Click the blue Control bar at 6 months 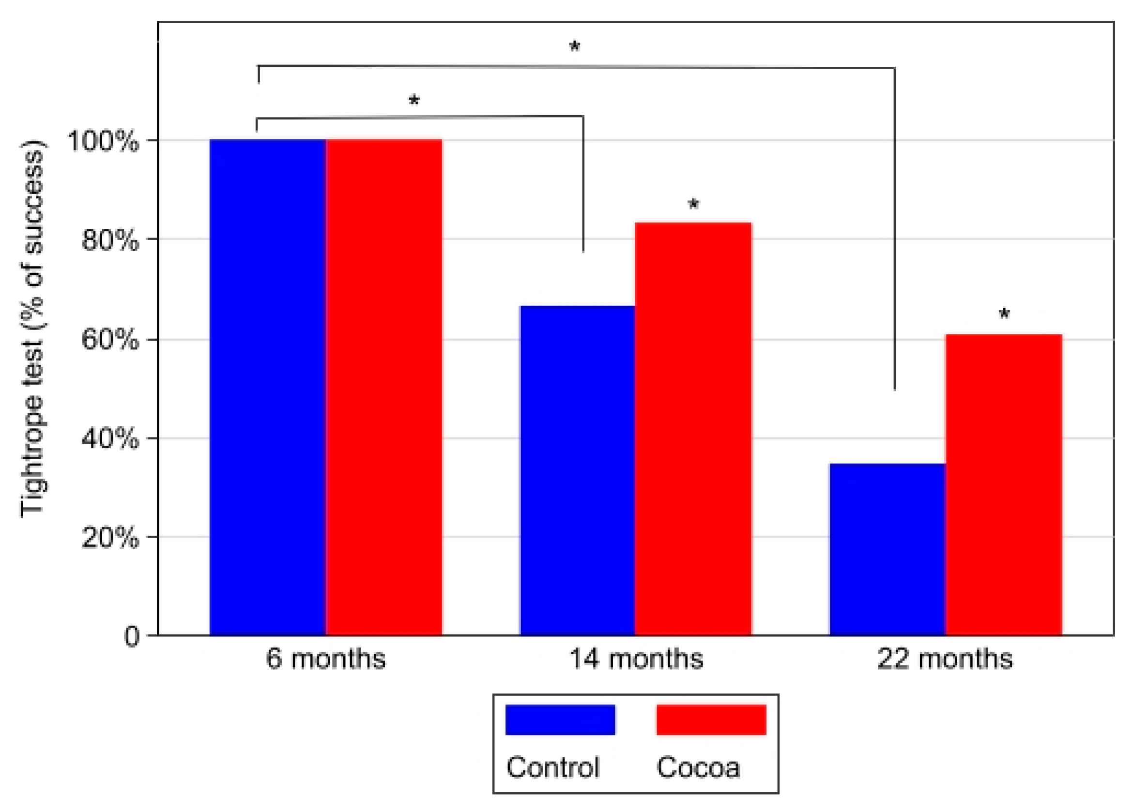pyautogui.click(x=267, y=387)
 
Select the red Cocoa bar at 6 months pyautogui.click(x=383, y=387)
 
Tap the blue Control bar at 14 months pyautogui.click(x=577, y=469)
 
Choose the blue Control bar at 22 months pyautogui.click(x=887, y=549)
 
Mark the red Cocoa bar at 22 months pyautogui.click(x=1004, y=484)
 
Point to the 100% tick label pyautogui.click(x=103, y=141)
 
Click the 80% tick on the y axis pyautogui.click(x=109, y=241)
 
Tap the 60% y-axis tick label pyautogui.click(x=109, y=340)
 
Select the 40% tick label pyautogui.click(x=109, y=439)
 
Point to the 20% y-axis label pyautogui.click(x=109, y=538)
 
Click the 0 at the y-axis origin pyautogui.click(x=131, y=637)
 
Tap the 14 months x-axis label pyautogui.click(x=636, y=659)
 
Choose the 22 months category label pyautogui.click(x=945, y=659)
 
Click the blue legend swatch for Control pyautogui.click(x=560, y=720)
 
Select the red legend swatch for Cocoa pyautogui.click(x=711, y=720)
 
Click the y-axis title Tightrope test pyautogui.click(x=32, y=330)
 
